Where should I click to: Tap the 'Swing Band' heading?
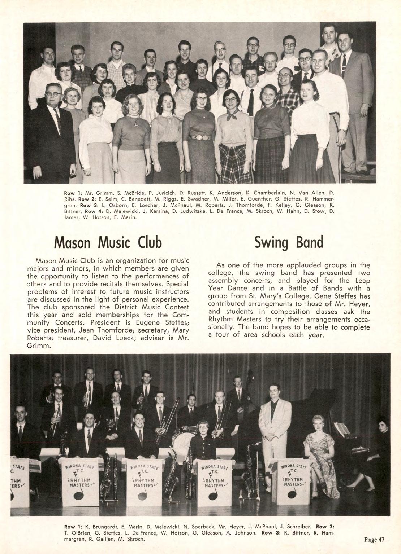[289, 243]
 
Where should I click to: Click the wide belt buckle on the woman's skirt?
[198, 137]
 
